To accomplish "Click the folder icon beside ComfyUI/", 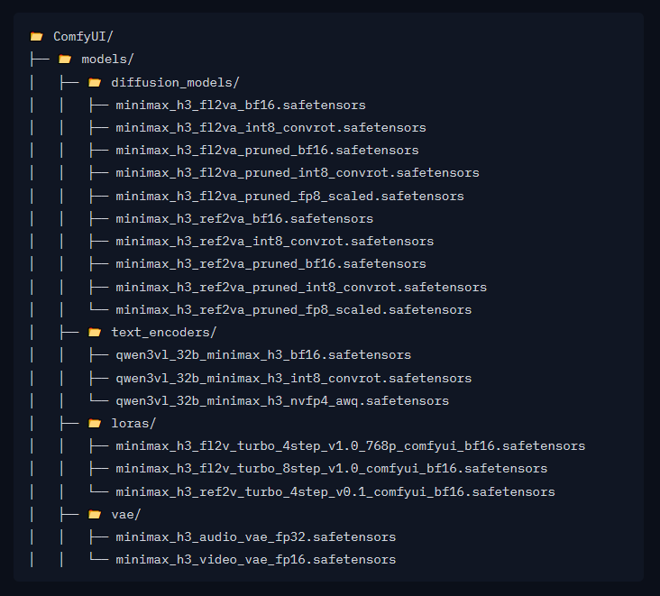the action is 37,37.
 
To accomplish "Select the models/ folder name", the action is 107,60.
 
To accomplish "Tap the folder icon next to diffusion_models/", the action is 95,82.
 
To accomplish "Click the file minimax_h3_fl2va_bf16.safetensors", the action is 241,105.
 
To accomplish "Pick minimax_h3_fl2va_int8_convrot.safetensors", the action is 271,127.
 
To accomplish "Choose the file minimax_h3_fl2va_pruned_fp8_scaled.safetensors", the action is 290,197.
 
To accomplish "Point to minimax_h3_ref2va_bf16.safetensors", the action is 244,219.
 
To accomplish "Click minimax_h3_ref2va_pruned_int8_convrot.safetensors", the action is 301,287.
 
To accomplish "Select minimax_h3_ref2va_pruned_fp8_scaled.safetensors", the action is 294,310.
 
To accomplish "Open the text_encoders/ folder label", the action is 164,333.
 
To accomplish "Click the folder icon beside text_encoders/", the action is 95,333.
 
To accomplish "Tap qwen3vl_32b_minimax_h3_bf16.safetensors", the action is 263,355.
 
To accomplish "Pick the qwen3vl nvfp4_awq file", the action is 282,400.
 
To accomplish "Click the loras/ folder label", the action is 133,424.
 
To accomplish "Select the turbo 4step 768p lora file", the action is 351,446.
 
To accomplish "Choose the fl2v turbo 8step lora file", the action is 332,469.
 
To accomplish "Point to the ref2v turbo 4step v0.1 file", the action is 335,491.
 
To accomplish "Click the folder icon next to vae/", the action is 95,514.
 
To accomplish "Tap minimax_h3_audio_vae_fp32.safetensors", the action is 256,537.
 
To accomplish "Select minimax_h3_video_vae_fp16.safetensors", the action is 256,560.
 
